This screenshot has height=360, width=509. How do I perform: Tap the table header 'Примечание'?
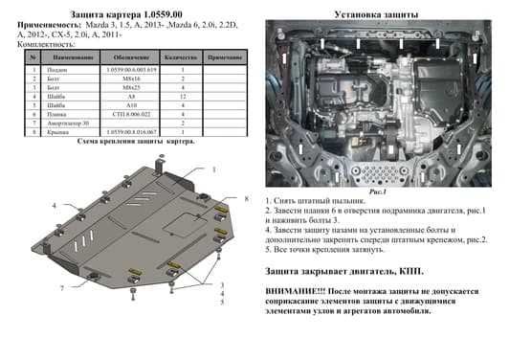pyautogui.click(x=222, y=58)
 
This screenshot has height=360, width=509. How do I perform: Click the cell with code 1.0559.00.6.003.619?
pyautogui.click(x=131, y=70)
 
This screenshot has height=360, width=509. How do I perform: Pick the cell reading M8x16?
pyautogui.click(x=131, y=79)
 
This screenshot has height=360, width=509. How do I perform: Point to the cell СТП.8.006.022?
pyautogui.click(x=131, y=115)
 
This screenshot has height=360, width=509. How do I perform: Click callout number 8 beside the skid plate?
pyautogui.click(x=246, y=198)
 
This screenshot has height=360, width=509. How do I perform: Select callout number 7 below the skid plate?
pyautogui.click(x=61, y=288)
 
